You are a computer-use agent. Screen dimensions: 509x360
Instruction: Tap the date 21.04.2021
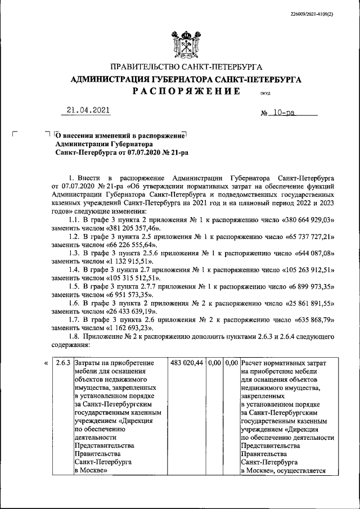click(88, 110)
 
